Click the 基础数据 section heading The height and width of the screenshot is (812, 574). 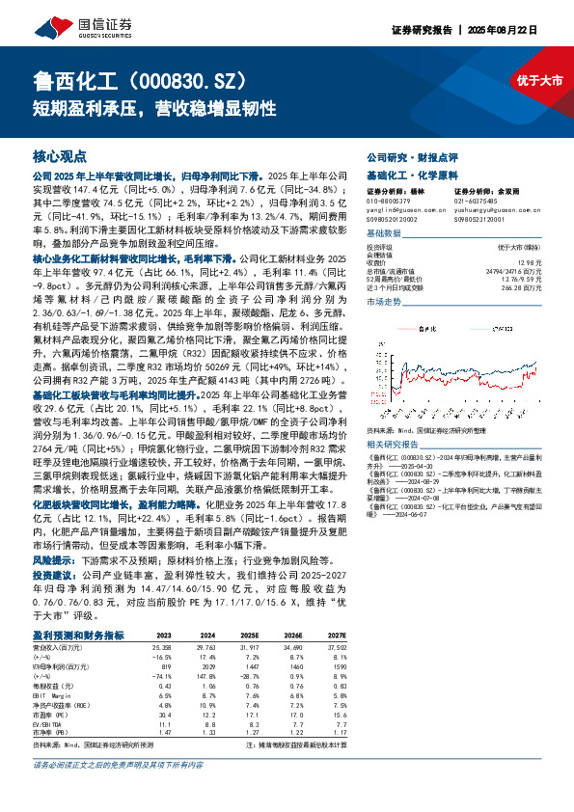click(389, 233)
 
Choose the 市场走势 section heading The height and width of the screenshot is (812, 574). click(389, 302)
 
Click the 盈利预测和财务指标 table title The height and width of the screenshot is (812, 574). click(78, 636)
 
